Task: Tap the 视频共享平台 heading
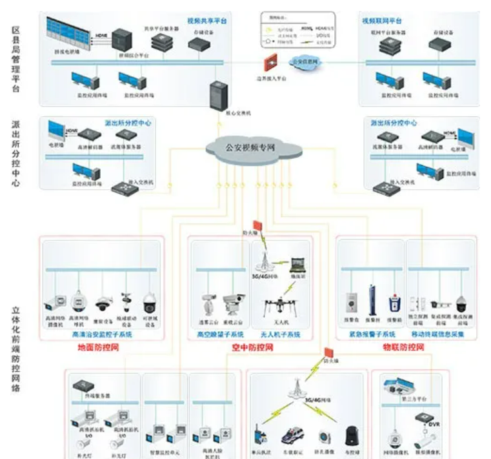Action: [x=207, y=21]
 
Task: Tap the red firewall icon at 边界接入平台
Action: [x=267, y=64]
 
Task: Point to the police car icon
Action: [x=288, y=433]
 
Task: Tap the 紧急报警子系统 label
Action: [x=372, y=335]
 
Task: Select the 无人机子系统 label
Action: [x=280, y=335]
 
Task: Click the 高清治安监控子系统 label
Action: [x=102, y=335]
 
